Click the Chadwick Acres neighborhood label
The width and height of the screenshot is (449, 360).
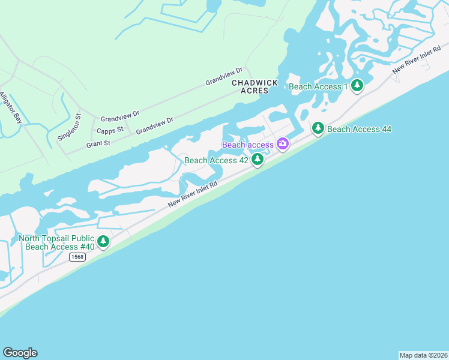255,86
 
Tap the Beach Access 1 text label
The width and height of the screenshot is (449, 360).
318,86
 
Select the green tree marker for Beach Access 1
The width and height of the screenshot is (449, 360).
357,86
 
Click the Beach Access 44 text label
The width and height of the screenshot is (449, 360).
360,129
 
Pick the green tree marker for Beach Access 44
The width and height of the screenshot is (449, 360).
318,128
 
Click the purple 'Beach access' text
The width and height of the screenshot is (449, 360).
248,145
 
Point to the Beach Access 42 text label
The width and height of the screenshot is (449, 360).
216,160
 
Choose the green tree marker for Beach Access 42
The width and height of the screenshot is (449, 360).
258,160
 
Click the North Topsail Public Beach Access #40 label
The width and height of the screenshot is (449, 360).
57,242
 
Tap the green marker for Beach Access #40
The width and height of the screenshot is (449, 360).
103,242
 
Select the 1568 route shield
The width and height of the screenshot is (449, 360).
77,257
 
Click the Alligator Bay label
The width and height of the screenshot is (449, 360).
11,108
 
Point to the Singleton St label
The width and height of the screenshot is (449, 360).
69,127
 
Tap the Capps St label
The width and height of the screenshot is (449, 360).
110,130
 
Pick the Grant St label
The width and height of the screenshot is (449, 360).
98,144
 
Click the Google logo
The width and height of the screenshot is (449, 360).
20,352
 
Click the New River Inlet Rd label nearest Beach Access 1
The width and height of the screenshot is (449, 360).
412,62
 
